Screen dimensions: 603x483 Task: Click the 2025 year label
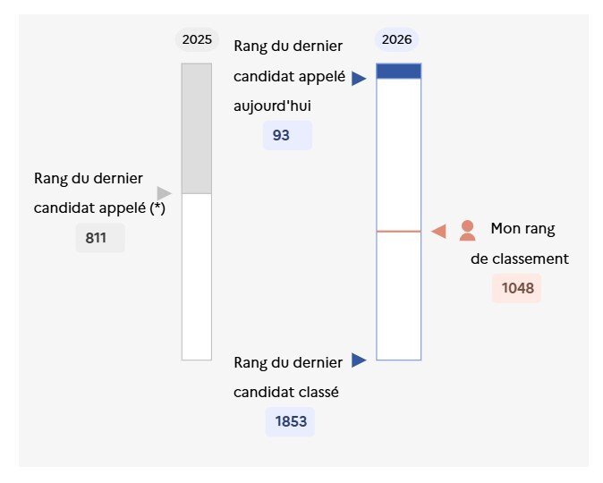coord(197,39)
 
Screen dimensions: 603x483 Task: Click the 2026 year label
coord(397,39)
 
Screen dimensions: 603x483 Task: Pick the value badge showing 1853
coord(290,421)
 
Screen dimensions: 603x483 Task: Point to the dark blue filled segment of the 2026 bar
coord(399,72)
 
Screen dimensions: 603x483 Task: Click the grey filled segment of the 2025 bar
coord(197,129)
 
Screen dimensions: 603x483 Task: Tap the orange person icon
coord(467,231)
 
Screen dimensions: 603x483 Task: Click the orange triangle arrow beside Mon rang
coord(438,232)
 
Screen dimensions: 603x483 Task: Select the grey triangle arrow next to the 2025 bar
coord(165,193)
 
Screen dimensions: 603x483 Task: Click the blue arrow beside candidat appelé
coord(359,79)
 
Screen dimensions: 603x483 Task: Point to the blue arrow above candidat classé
coord(359,360)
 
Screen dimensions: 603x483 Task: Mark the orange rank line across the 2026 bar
coord(399,232)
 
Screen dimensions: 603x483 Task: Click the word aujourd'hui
coord(272,106)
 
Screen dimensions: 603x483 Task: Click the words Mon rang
coord(522,229)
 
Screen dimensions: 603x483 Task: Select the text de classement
coord(520,258)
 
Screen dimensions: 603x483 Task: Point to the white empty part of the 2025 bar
coord(197,277)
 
